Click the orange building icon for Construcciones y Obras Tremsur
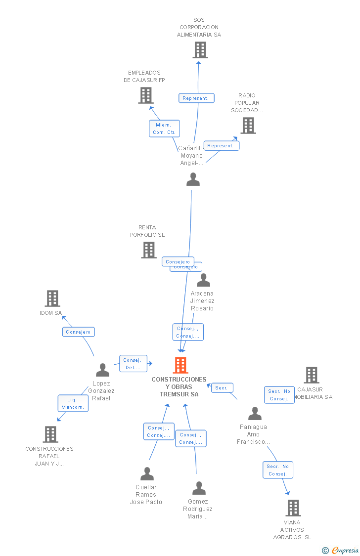180,365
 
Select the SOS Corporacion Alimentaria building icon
200,50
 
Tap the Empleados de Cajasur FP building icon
145,95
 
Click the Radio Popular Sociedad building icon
248,126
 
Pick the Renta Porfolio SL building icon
148,250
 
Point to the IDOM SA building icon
52,299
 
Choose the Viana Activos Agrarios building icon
293,508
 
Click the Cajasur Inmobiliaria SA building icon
311,375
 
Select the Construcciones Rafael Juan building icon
50,434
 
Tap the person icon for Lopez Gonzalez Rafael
102,370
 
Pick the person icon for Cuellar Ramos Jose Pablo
147,474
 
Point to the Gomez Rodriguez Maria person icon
199,488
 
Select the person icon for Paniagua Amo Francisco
255,414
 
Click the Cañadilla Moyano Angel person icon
193,179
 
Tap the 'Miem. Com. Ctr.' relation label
164,128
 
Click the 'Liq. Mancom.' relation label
73,403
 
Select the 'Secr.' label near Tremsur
222,388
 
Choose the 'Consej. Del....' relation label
133,364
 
